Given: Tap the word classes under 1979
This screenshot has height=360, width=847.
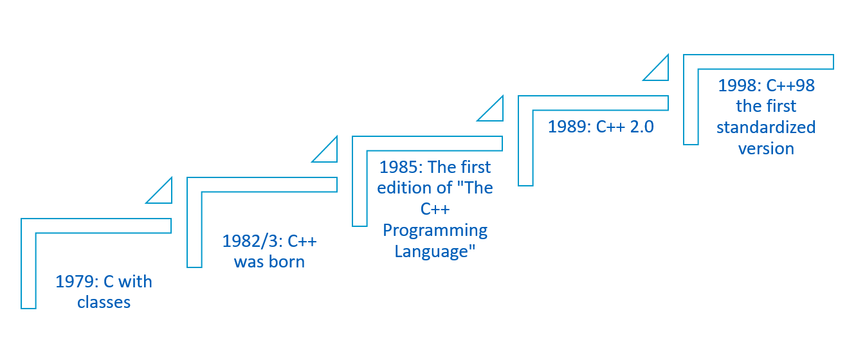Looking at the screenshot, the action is pyautogui.click(x=104, y=303).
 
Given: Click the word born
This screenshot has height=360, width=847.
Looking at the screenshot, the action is pyautogui.click(x=287, y=262).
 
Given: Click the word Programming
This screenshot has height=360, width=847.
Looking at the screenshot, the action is pyautogui.click(x=435, y=231).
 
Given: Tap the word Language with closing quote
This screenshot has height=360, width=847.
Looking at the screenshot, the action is pyautogui.click(x=435, y=251).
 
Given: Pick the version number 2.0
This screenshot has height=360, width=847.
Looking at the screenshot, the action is pyautogui.click(x=642, y=127).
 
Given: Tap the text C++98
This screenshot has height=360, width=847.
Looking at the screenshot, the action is pyautogui.click(x=790, y=85).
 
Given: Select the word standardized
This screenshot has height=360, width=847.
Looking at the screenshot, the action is pyautogui.click(x=766, y=127).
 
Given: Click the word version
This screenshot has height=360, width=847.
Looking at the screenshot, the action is pyautogui.click(x=766, y=148).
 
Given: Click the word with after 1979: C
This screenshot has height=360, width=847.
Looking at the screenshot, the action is pyautogui.click(x=135, y=282).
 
